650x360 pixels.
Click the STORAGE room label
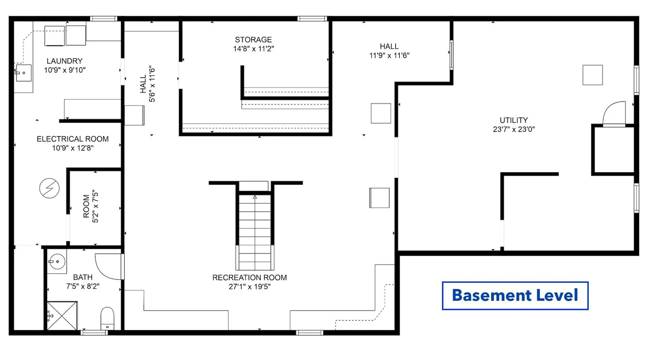(253, 40)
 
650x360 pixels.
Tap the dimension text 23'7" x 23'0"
(514, 129)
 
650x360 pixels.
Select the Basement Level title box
(515, 295)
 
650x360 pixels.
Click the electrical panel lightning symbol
(49, 188)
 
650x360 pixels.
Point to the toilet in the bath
(107, 318)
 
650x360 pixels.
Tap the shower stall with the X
(62, 316)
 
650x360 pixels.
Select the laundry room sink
(23, 73)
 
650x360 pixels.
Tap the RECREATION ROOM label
(250, 278)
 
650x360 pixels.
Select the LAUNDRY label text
(65, 61)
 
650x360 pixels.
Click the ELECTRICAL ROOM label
(73, 139)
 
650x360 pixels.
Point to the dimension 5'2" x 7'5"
(95, 206)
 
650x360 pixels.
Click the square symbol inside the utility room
(592, 75)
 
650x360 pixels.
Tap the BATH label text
(83, 277)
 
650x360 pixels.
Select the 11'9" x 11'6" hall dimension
(389, 55)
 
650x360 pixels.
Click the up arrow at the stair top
(255, 197)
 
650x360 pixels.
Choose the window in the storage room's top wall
(312, 19)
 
